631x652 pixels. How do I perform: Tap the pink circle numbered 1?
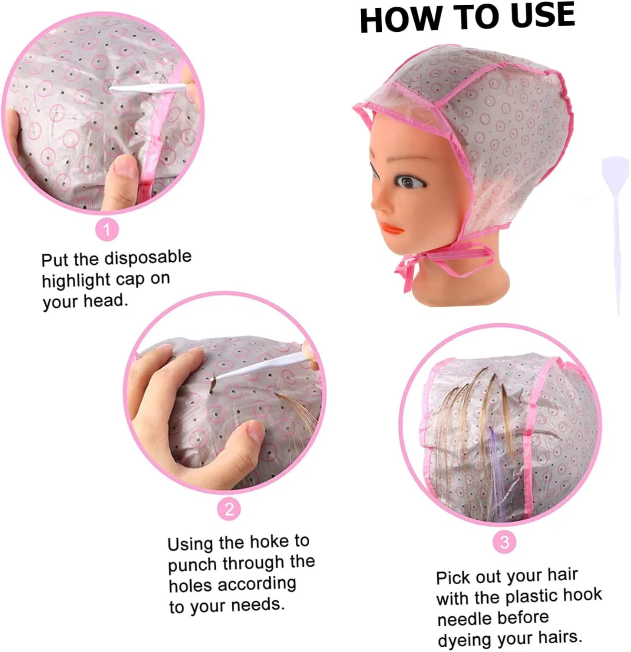107,229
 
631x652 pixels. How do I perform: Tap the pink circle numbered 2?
229,509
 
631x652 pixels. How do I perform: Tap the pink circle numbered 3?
504,542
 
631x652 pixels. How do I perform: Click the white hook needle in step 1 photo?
148,88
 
